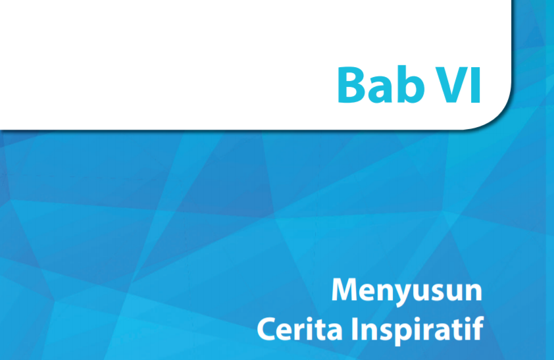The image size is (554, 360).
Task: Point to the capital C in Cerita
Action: [x=266, y=327]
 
